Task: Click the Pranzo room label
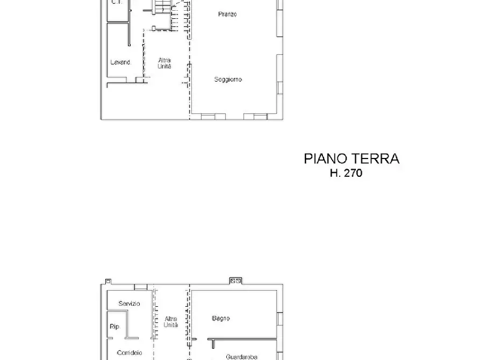click(227, 14)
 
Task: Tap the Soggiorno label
click(228, 80)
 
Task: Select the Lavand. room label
click(121, 62)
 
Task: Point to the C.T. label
click(116, 2)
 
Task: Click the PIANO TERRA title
click(352, 159)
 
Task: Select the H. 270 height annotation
click(346, 173)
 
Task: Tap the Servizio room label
click(129, 304)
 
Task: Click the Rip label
click(114, 327)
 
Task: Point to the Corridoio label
click(129, 353)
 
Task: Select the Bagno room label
click(221, 318)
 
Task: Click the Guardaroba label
click(241, 357)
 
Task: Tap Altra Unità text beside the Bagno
click(171, 322)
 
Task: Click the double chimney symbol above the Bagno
click(235, 280)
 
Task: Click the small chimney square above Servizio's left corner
click(108, 281)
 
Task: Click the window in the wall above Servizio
click(141, 287)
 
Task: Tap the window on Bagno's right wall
click(280, 318)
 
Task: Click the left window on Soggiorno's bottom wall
click(213, 117)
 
